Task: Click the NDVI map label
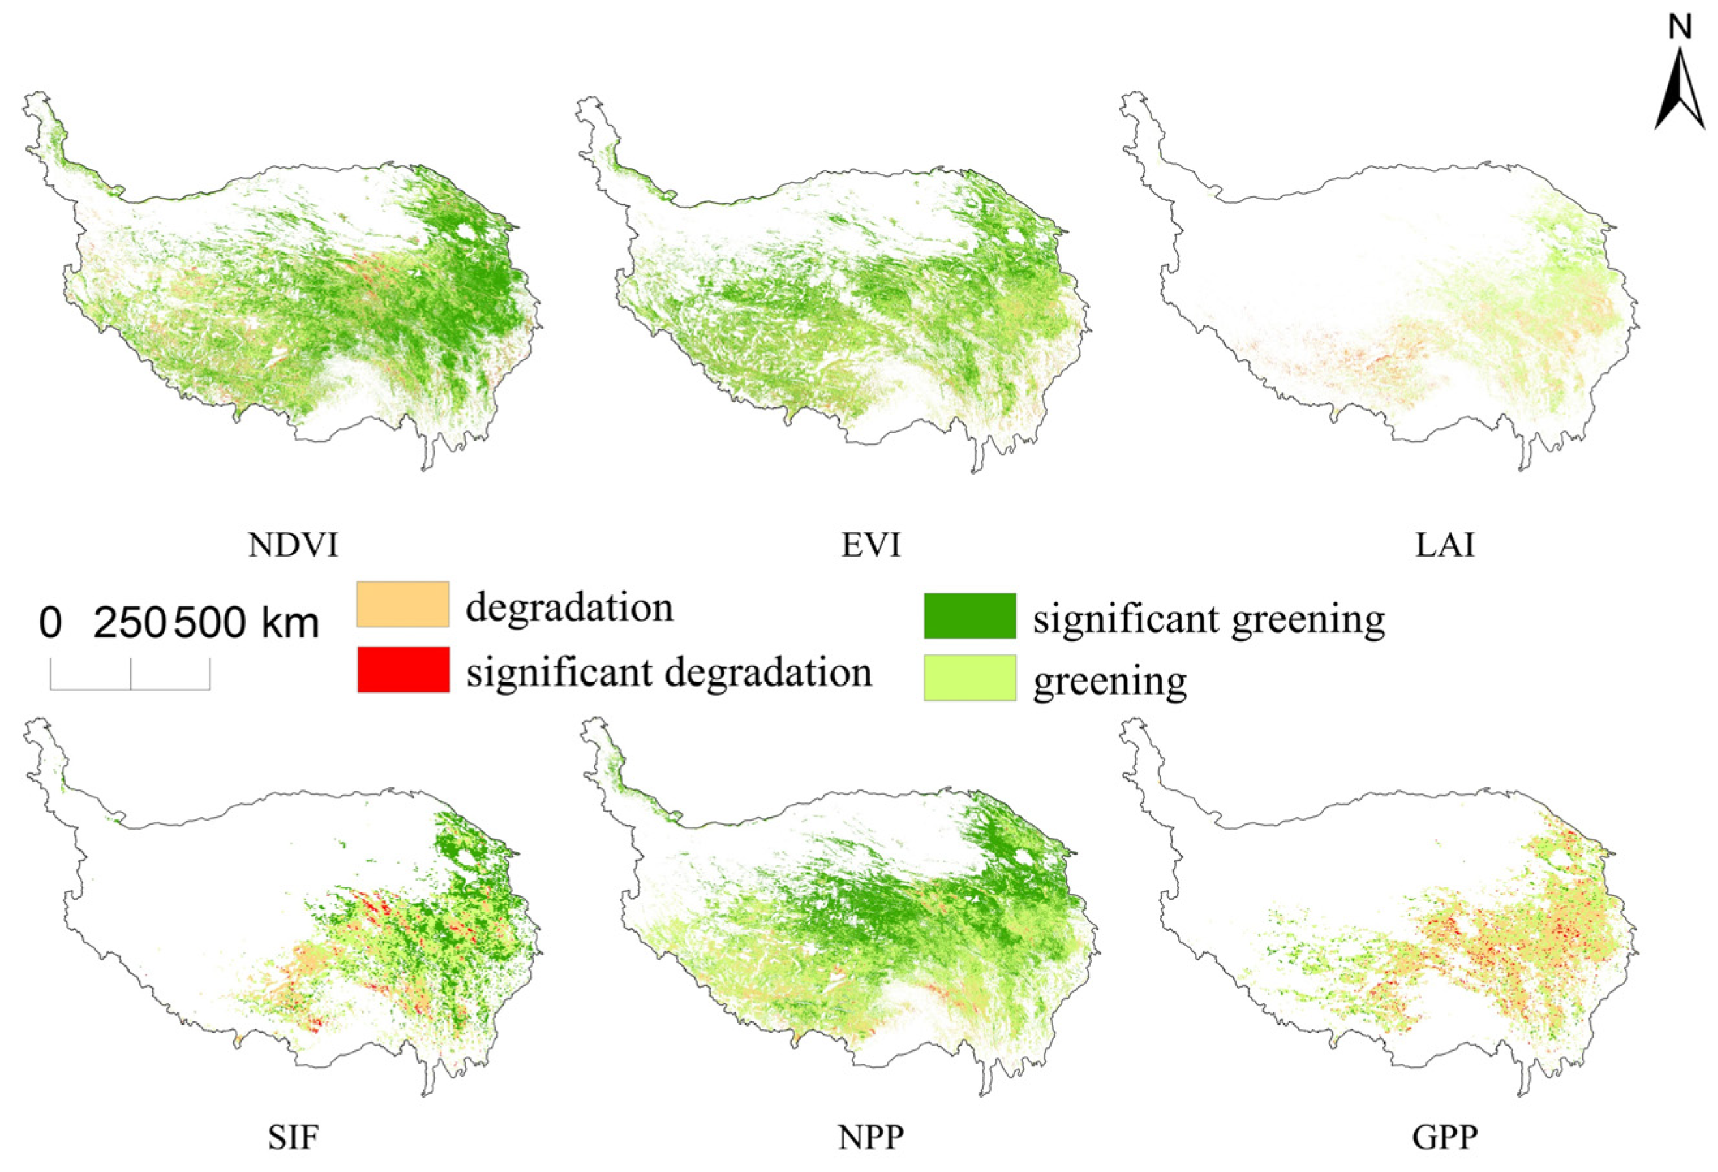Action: tap(293, 546)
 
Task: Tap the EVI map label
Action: tap(871, 546)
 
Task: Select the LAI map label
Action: tap(1444, 546)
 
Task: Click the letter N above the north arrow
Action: tap(1680, 27)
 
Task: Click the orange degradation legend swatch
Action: tap(403, 604)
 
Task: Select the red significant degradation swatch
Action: tap(403, 669)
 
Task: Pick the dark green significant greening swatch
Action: tap(970, 615)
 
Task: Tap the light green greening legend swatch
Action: tap(970, 678)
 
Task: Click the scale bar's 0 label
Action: tap(50, 623)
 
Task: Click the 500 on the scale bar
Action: tap(210, 623)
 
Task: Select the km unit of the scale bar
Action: tap(291, 623)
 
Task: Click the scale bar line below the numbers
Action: tap(130, 688)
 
